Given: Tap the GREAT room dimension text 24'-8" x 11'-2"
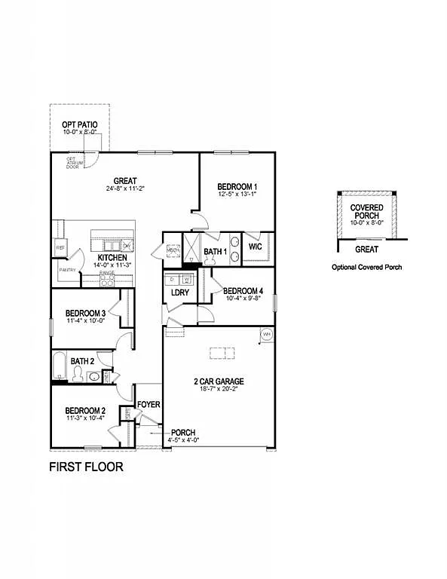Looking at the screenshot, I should pyautogui.click(x=125, y=189).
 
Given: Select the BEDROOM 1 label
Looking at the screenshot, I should pyautogui.click(x=237, y=187).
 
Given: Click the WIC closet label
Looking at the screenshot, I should pyautogui.click(x=255, y=247).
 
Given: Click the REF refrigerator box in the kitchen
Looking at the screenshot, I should pyautogui.click(x=60, y=247).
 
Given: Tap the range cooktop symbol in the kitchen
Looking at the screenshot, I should pyautogui.click(x=107, y=280).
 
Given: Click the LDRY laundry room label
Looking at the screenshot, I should pyautogui.click(x=180, y=293).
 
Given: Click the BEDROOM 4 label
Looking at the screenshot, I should pyautogui.click(x=243, y=291).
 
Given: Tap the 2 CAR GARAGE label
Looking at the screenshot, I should pyautogui.click(x=219, y=381).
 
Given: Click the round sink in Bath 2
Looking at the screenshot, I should pyautogui.click(x=92, y=376).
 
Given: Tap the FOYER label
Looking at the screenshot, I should pyautogui.click(x=148, y=405).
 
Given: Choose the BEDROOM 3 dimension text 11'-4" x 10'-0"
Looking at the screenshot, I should pyautogui.click(x=84, y=320).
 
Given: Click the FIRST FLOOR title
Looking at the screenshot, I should pyautogui.click(x=86, y=467).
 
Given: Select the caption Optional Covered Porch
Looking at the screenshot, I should pyautogui.click(x=367, y=267).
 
